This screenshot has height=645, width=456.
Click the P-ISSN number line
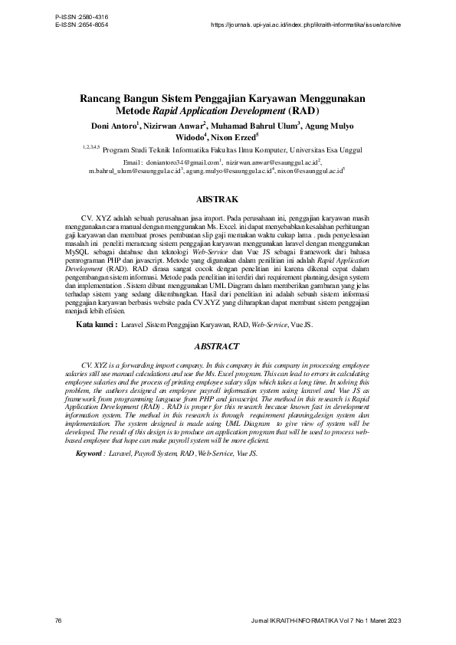[x=82, y=17]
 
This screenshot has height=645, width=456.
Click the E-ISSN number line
[x=82, y=25]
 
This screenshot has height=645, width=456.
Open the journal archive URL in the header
[x=305, y=25]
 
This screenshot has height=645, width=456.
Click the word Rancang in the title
[x=103, y=99]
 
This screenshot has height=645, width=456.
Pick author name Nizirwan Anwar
[x=174, y=126]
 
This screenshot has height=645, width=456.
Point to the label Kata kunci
[x=96, y=326]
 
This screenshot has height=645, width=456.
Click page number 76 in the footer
[x=59, y=619]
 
